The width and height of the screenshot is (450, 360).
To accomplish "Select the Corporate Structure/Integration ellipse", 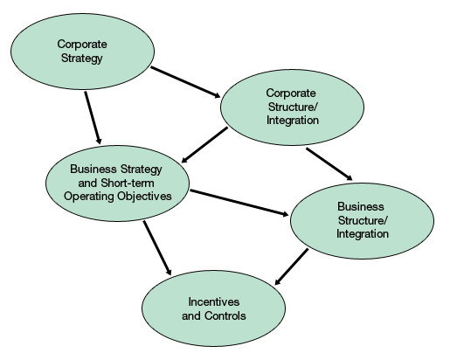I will tap(292, 106).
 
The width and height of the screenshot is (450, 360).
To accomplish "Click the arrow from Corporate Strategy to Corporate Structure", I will tap(185, 81).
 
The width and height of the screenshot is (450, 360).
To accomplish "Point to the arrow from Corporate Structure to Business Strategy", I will tap(205, 145).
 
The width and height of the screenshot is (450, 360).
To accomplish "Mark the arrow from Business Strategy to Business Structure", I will tap(239, 202).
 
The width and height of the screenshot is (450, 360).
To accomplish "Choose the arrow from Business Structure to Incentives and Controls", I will tap(293, 267).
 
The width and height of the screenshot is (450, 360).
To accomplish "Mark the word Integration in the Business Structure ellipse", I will tap(362, 234).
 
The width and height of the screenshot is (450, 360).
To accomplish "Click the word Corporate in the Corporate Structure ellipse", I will tap(291, 93).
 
